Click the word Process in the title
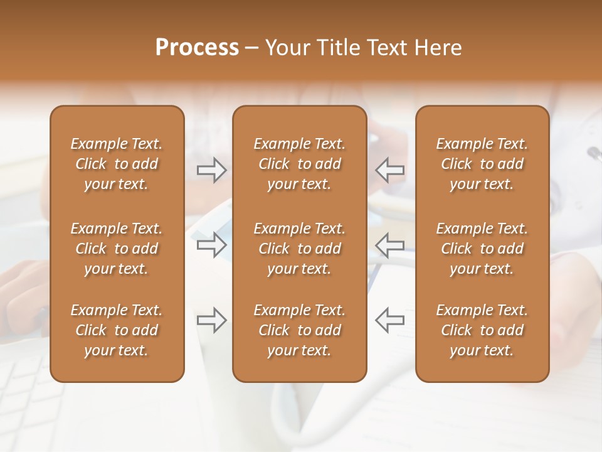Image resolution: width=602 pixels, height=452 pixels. pyautogui.click(x=197, y=48)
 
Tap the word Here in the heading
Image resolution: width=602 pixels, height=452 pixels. pyautogui.click(x=438, y=48)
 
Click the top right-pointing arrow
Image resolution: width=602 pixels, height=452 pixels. pyautogui.click(x=212, y=169)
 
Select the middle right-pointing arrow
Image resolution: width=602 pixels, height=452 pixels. pyautogui.click(x=212, y=244)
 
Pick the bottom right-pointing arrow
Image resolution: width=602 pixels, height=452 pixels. pyautogui.click(x=212, y=320)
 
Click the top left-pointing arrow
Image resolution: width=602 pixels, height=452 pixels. pyautogui.click(x=390, y=169)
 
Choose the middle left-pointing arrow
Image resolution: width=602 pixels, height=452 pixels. pyautogui.click(x=390, y=244)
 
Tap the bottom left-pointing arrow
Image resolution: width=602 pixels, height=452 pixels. pyautogui.click(x=390, y=320)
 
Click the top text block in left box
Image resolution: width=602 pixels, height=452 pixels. pyautogui.click(x=117, y=164)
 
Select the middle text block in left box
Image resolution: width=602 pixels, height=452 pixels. pyautogui.click(x=117, y=249)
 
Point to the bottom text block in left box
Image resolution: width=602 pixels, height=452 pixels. pyautogui.click(x=117, y=330)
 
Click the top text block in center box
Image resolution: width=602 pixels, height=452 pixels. pyautogui.click(x=300, y=164)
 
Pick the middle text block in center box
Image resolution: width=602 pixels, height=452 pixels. pyautogui.click(x=300, y=249)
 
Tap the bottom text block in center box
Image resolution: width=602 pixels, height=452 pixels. pyautogui.click(x=300, y=330)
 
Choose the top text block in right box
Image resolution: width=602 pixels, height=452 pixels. pyautogui.click(x=482, y=164)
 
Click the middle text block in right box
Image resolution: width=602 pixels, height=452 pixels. pyautogui.click(x=482, y=249)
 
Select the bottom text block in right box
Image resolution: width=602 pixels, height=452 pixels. pyautogui.click(x=482, y=330)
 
